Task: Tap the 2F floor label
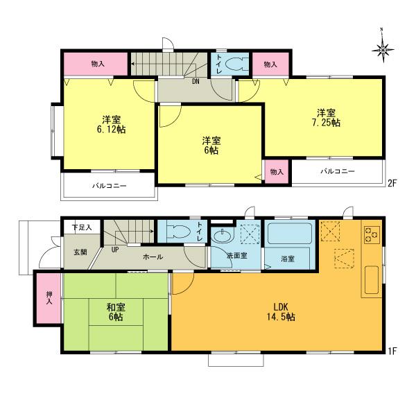pyautogui.click(x=392, y=183)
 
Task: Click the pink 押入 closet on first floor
pyautogui.click(x=49, y=300)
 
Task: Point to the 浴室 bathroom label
pyautogui.click(x=288, y=259)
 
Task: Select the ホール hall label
pyautogui.click(x=153, y=257)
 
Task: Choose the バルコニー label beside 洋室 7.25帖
pyautogui.click(x=338, y=171)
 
